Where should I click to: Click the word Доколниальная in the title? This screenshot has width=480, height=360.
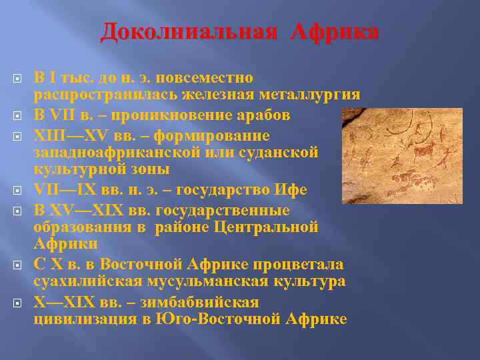click(189, 32)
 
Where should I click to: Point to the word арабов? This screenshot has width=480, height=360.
click(257, 115)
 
